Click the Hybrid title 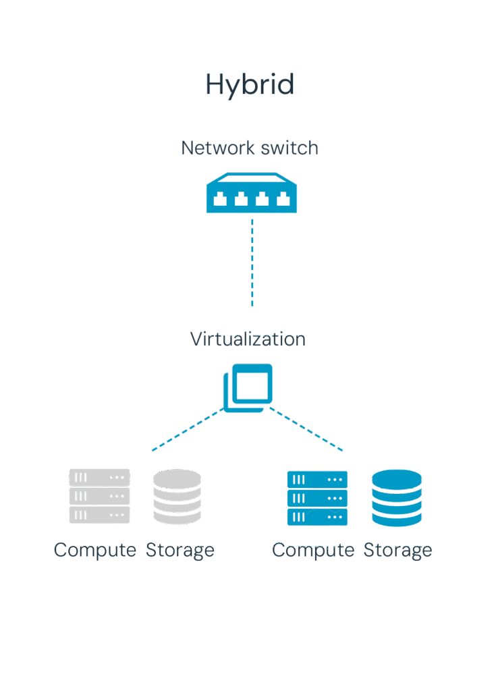250,86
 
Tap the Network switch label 250,148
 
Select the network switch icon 250,194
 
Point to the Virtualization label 248,339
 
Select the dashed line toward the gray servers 186,430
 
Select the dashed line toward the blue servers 307,430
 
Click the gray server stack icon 99,496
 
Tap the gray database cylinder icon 177,497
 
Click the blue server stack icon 317,498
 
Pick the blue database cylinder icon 397,498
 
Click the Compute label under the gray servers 95,550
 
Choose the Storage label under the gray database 180,550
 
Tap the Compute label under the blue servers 313,550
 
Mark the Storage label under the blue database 397,550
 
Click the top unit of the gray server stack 99,478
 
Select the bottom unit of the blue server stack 317,517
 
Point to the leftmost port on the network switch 219,198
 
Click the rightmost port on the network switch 283,198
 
